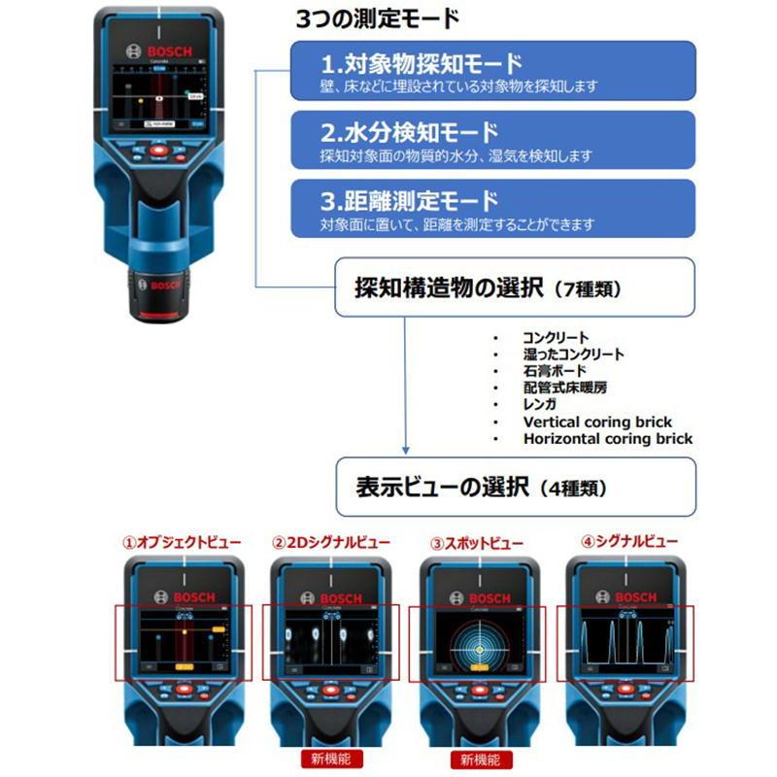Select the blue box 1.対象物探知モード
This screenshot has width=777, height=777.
(493, 71)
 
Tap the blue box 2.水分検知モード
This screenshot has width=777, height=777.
(493, 141)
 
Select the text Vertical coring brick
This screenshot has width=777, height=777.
(597, 422)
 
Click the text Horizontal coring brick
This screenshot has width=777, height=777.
(608, 438)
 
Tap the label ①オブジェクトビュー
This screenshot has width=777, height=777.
(182, 542)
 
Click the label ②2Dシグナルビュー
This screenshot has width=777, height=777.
(330, 542)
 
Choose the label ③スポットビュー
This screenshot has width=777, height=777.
(477, 542)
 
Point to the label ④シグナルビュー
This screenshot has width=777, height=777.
(623, 542)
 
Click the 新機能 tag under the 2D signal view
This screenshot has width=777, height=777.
(330, 757)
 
